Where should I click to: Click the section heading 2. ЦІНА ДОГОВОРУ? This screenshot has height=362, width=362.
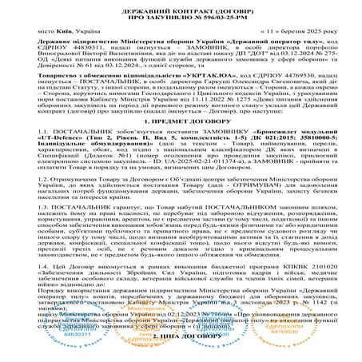[180, 351]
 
